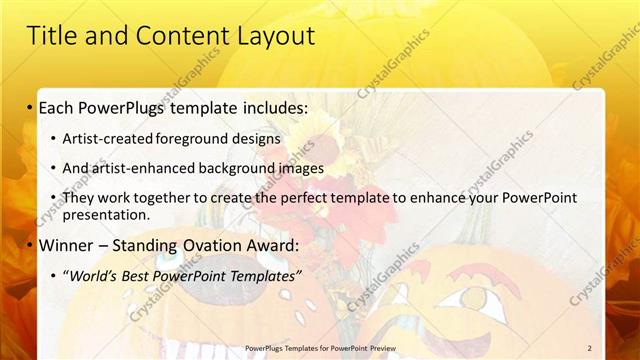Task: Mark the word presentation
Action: (x=105, y=214)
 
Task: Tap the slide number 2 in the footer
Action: (x=590, y=348)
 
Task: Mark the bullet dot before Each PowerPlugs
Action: (x=30, y=107)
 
